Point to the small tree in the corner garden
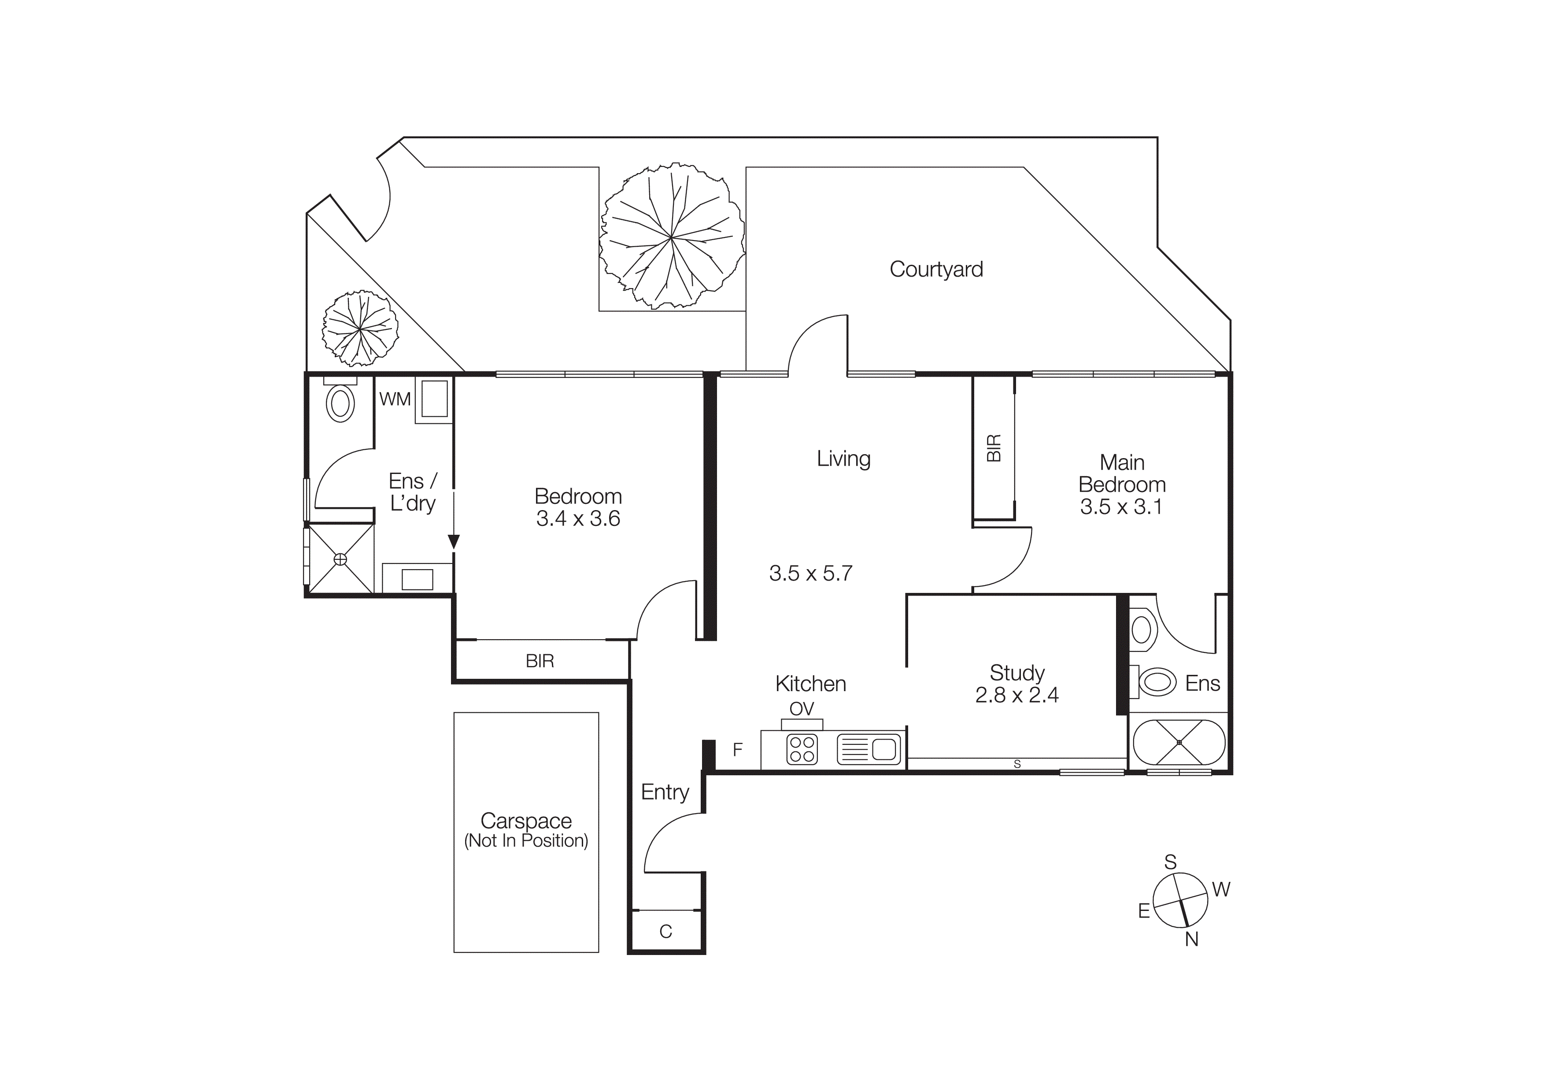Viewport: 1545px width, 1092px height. click(x=360, y=328)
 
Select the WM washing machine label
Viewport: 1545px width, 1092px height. click(x=395, y=399)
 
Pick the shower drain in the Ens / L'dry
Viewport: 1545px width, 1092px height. click(x=340, y=559)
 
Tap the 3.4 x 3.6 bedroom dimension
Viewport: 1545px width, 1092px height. click(x=578, y=519)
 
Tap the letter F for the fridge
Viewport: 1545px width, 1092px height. click(x=738, y=750)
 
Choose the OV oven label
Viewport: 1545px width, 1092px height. click(x=802, y=708)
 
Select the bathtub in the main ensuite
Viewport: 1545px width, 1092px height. click(x=1179, y=742)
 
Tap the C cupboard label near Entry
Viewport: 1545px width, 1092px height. click(x=665, y=931)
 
